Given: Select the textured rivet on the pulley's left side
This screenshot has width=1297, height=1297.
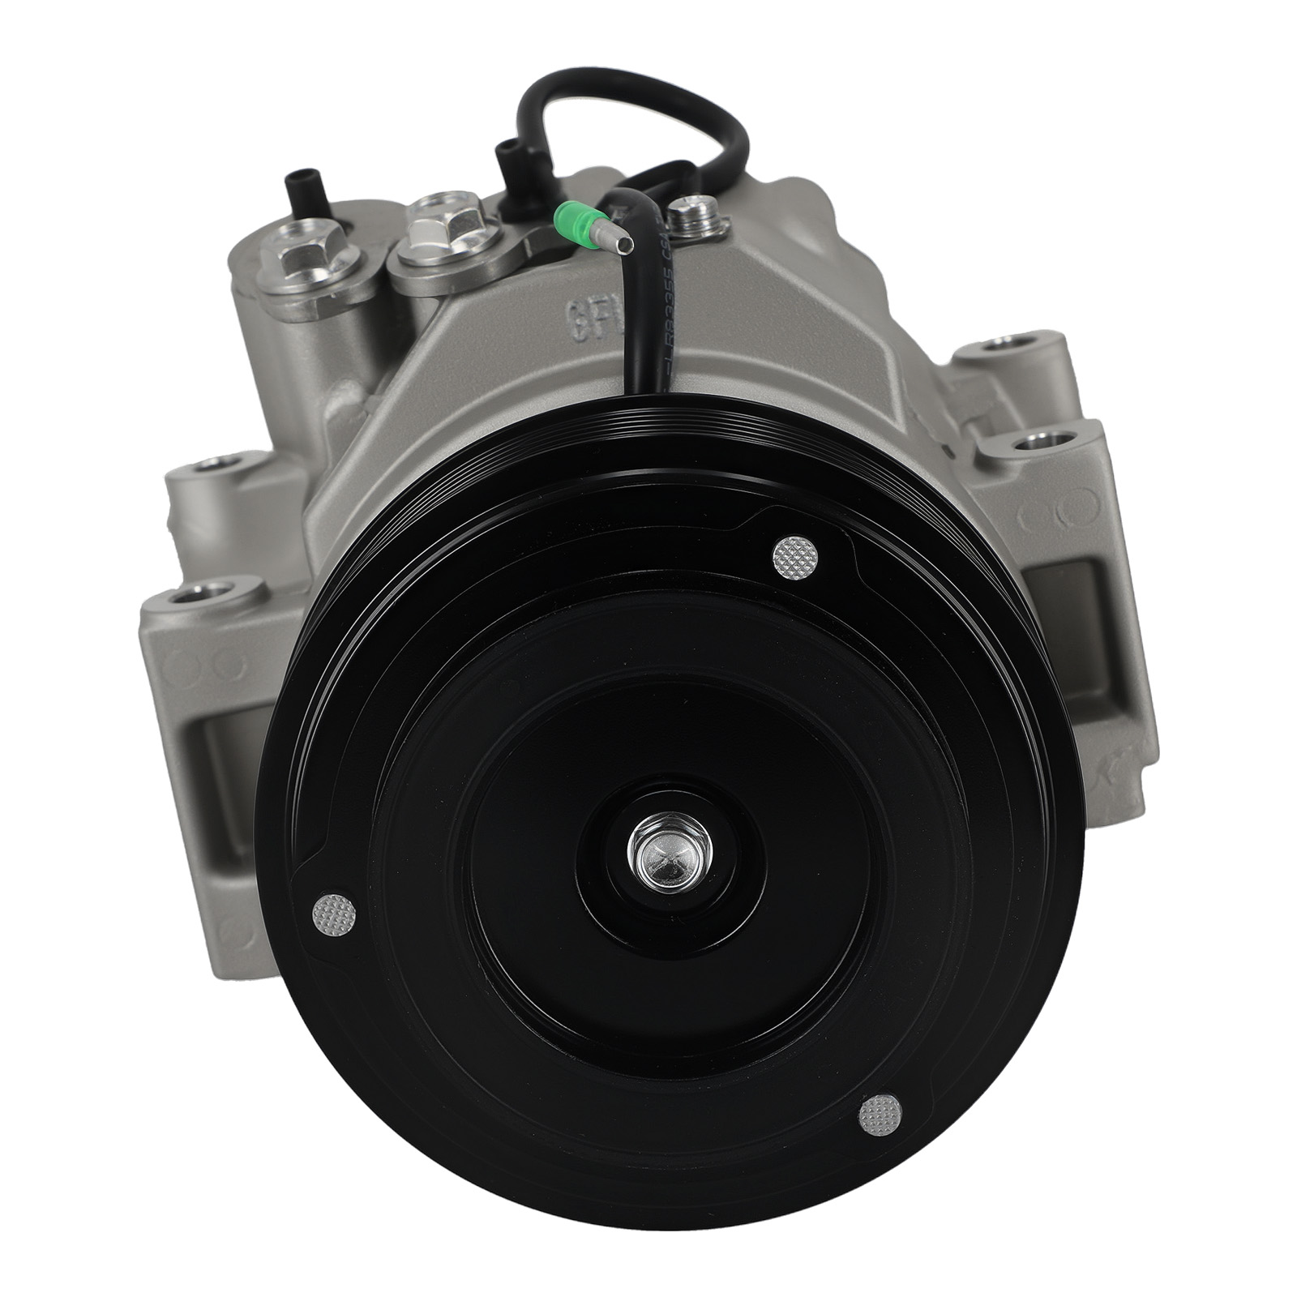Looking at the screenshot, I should click(335, 914).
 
